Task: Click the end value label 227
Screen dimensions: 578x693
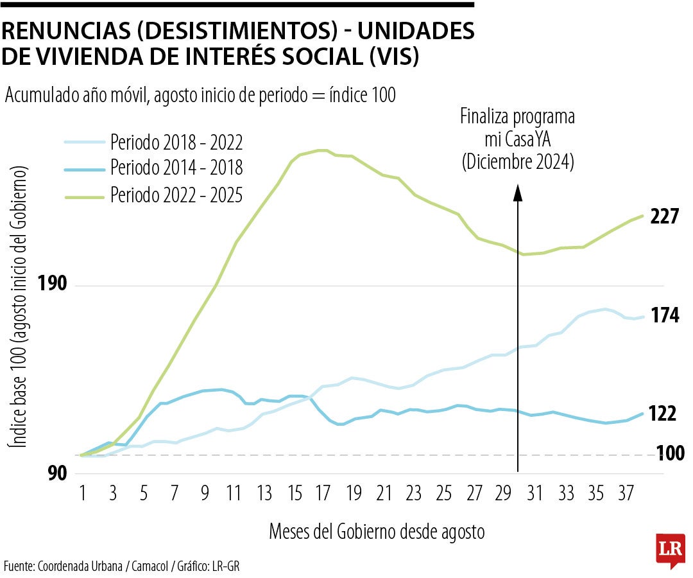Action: pyautogui.click(x=664, y=217)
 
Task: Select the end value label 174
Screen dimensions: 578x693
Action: pyautogui.click(x=664, y=316)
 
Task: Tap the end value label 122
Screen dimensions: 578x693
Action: pyautogui.click(x=663, y=414)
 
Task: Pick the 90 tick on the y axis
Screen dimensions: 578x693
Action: pyautogui.click(x=58, y=474)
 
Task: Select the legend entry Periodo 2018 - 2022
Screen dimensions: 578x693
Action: pyautogui.click(x=176, y=141)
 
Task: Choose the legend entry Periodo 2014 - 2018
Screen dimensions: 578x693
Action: pyautogui.click(x=176, y=168)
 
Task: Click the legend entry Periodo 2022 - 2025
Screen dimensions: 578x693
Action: pyautogui.click(x=176, y=194)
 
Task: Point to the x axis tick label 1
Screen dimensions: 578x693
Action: pyautogui.click(x=83, y=494)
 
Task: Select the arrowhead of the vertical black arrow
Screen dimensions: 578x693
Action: pyautogui.click(x=517, y=191)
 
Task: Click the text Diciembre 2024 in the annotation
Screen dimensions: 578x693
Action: pyautogui.click(x=517, y=162)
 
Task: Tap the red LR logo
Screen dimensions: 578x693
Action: pyautogui.click(x=671, y=550)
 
